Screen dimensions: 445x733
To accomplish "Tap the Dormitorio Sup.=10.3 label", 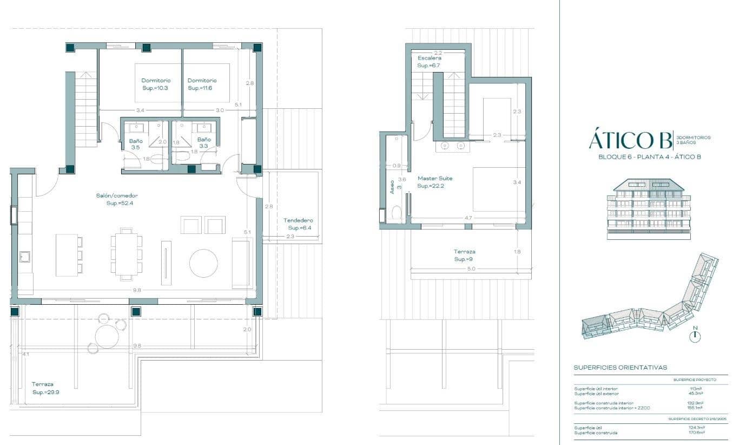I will [156, 84].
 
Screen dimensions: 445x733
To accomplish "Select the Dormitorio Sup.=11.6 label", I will [202, 84].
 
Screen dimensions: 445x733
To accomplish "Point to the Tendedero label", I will [298, 224].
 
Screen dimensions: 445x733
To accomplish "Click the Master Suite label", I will [435, 182].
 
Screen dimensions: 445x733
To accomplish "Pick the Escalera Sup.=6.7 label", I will [429, 62].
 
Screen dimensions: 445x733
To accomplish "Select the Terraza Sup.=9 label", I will [464, 256].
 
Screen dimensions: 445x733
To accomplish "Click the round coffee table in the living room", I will [203, 263].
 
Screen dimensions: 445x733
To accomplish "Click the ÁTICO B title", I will [629, 140].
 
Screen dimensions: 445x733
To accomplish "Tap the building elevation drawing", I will [649, 209].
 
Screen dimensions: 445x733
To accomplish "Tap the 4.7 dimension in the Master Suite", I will [468, 218].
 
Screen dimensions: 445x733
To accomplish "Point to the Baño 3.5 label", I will [135, 144].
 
